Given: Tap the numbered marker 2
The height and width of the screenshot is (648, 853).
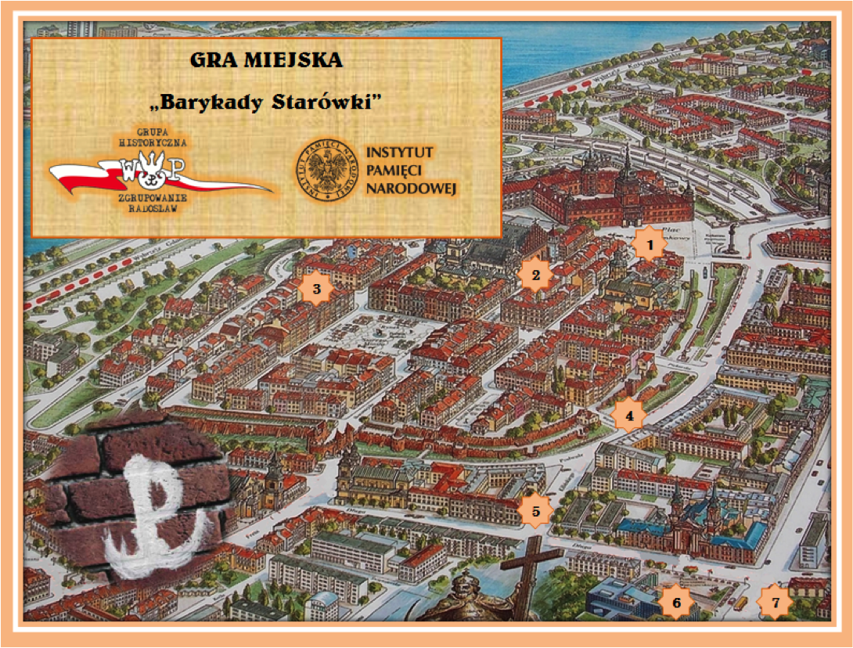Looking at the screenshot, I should coord(536,274).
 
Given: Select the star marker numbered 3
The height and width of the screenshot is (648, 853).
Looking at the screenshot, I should coord(316,290).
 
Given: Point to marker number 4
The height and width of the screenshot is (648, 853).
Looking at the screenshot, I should coord(629,416).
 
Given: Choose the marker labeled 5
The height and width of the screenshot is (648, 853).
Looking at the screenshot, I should coord(536,511).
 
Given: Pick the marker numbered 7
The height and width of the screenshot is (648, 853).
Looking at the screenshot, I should coord(776,603).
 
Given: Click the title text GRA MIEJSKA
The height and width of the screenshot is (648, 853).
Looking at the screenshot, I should coord(266,60).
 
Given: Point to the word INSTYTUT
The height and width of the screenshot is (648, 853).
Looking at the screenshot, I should coord(399,151).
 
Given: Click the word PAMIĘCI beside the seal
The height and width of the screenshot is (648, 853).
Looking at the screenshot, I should coord(396,170).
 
